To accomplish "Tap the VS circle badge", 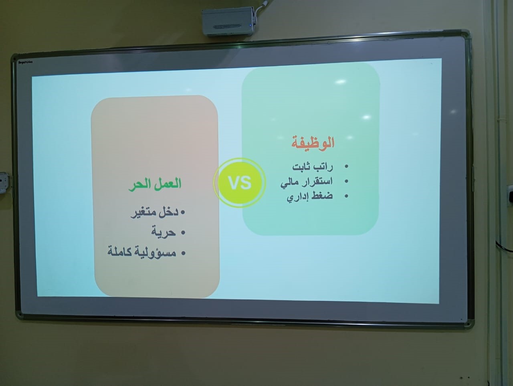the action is click(x=240, y=182).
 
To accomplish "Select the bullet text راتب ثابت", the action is click(x=313, y=167).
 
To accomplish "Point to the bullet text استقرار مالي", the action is click(x=307, y=182).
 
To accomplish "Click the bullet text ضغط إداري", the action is click(x=310, y=196).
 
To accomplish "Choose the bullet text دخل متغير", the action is click(x=154, y=212).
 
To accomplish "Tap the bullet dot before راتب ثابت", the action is click(x=346, y=167).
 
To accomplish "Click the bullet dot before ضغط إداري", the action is click(x=346, y=196).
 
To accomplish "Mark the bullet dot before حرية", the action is click(x=183, y=232).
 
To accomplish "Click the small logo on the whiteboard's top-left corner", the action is click(x=26, y=62).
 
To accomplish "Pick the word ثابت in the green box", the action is click(x=301, y=167).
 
